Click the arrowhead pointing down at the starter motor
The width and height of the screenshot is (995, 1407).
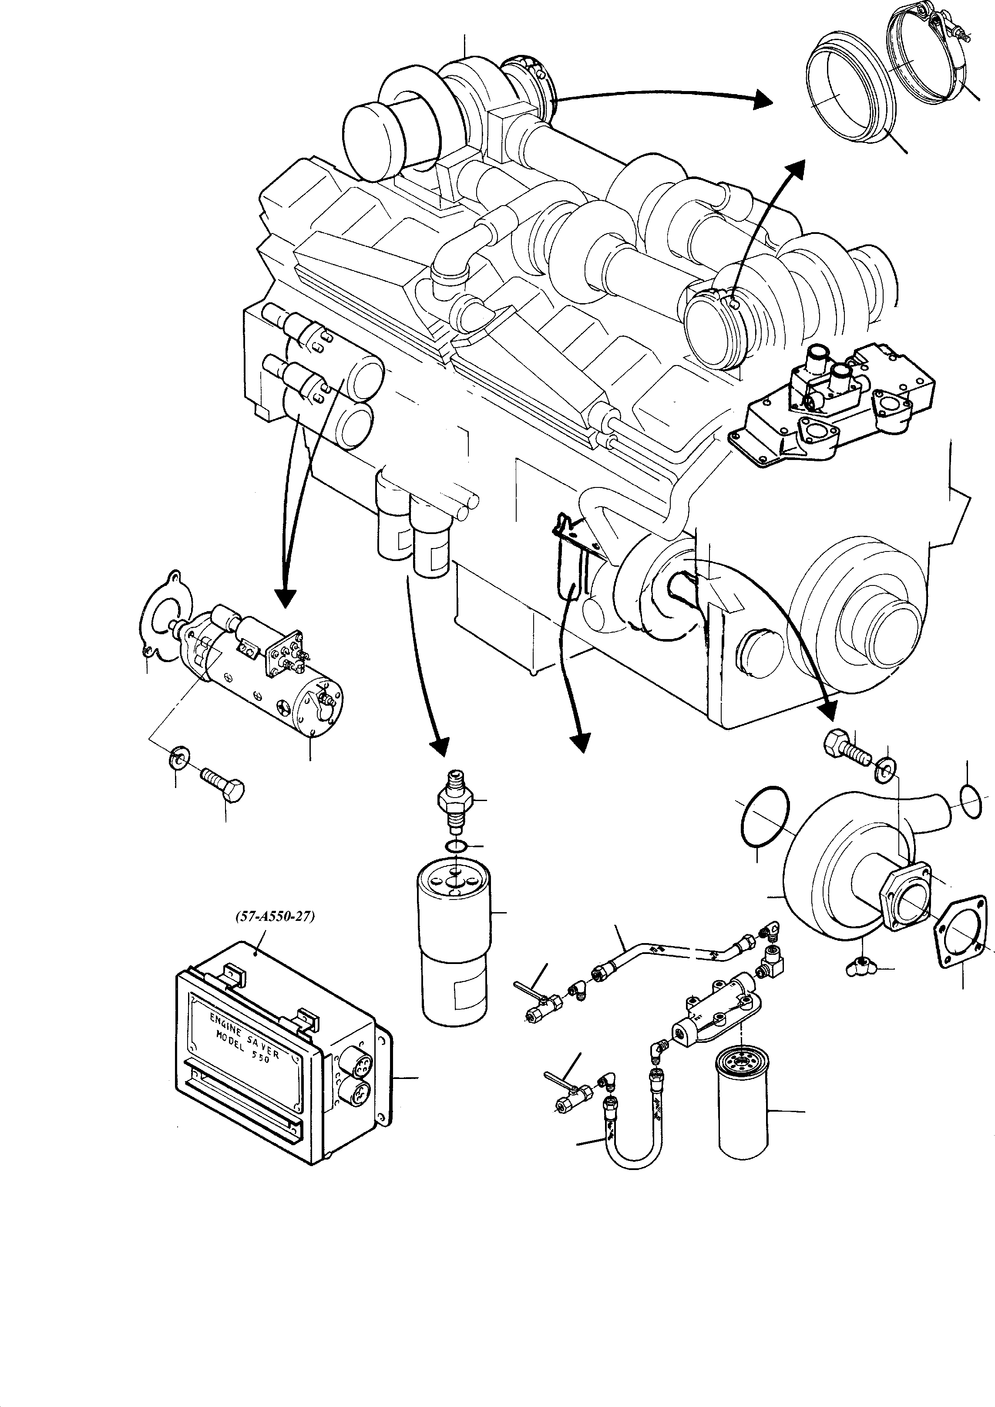click(284, 598)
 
